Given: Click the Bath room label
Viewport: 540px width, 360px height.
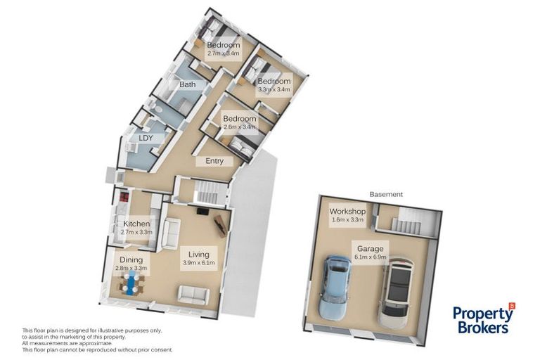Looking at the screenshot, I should point(187,85).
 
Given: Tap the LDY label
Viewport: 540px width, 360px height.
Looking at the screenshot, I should point(146,138).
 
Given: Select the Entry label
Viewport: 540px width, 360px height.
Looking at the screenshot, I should point(214,161).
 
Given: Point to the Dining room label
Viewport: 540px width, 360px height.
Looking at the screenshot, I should point(131,260).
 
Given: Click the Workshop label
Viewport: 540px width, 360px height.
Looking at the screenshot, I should point(347,211).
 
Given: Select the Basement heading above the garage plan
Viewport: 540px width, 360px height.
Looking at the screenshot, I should point(386,194).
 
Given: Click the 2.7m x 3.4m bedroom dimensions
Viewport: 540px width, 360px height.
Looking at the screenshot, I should point(224,53).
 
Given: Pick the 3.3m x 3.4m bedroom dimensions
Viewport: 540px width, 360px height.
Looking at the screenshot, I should point(274,89).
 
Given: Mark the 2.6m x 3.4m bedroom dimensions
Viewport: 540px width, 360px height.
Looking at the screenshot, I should point(239,127).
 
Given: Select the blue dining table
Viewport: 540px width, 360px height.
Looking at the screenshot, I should point(131,285).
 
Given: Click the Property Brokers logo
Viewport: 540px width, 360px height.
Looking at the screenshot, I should point(483,319).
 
